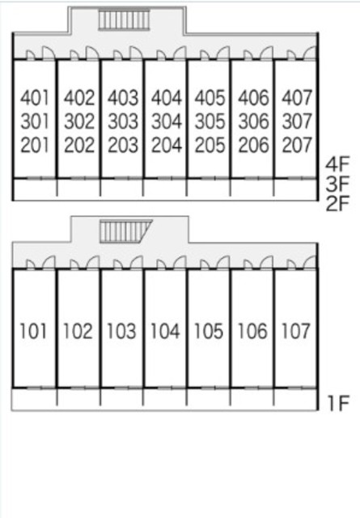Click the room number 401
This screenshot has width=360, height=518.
pos(35,98)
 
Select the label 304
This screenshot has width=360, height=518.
pos(166,121)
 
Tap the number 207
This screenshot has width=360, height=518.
pos(297,145)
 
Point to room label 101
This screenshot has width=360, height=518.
pos(33,331)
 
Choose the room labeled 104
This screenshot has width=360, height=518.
pos(165,331)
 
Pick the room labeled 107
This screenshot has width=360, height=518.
pos(295,331)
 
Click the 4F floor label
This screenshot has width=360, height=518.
pos(337,164)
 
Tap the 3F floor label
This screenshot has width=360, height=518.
pos(337,184)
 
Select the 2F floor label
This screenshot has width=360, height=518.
pos(337,203)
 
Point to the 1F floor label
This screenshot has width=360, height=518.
pos(338,403)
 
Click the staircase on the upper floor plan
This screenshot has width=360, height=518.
pos(124,19)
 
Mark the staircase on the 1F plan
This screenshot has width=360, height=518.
pos(126,231)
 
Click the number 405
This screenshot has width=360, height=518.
pos(210,98)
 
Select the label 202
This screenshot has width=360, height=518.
pos(79,145)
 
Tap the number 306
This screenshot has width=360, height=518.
pos(253,121)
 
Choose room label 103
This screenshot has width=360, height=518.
pos(121,331)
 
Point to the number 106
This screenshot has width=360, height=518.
pos(252,331)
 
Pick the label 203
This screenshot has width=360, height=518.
pos(123,145)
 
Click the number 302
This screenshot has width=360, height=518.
pos(79,121)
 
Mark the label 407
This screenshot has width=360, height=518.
pos(297,98)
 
